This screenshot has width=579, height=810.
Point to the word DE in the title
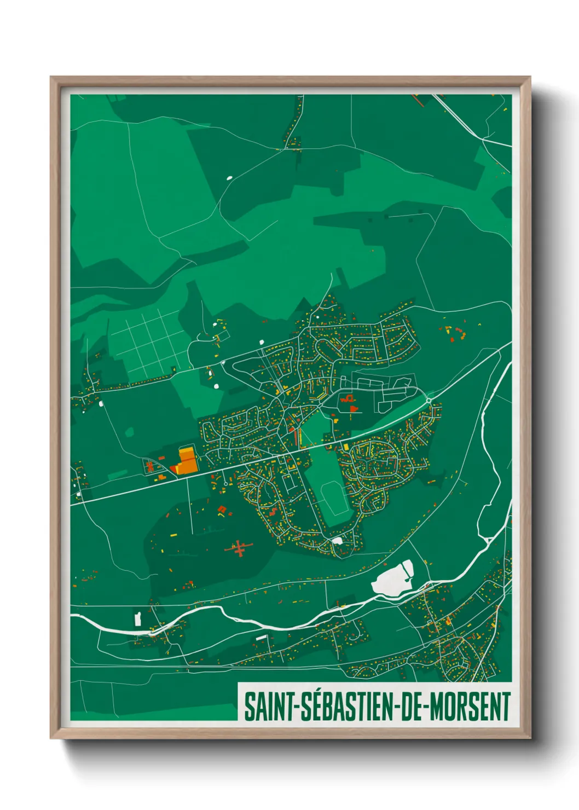click(413, 707)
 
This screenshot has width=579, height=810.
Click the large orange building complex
click(186, 460)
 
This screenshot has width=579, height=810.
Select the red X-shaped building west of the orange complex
click(149, 467)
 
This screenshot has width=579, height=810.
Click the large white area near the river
click(393, 579)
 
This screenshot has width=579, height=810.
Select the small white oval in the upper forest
click(229, 177)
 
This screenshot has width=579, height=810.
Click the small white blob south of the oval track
click(337, 541)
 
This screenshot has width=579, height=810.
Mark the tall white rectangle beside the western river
click(137, 619)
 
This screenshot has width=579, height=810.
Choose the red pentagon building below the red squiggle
click(353, 408)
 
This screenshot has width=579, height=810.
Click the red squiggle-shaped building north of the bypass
click(346, 398)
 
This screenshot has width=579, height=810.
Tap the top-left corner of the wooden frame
click(51, 78)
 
